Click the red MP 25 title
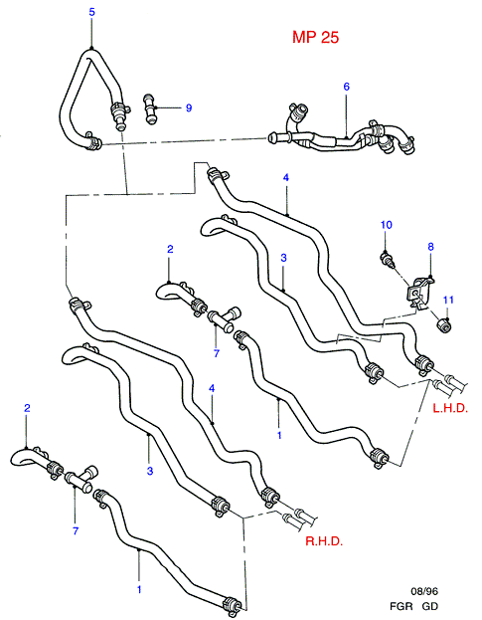(x=315, y=37)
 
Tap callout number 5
(x=92, y=12)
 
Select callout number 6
(x=346, y=87)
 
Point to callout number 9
(x=189, y=107)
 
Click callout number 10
(x=387, y=225)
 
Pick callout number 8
(x=430, y=247)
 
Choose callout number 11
(x=448, y=300)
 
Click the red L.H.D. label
(x=450, y=408)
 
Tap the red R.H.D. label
(x=324, y=541)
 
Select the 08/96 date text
(x=424, y=591)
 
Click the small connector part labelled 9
(x=149, y=107)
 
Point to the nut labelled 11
(x=443, y=325)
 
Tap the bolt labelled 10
(x=388, y=261)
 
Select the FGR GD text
(x=413, y=606)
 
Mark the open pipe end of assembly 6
(x=272, y=138)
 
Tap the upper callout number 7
(x=217, y=353)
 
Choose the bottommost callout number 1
(x=139, y=589)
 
